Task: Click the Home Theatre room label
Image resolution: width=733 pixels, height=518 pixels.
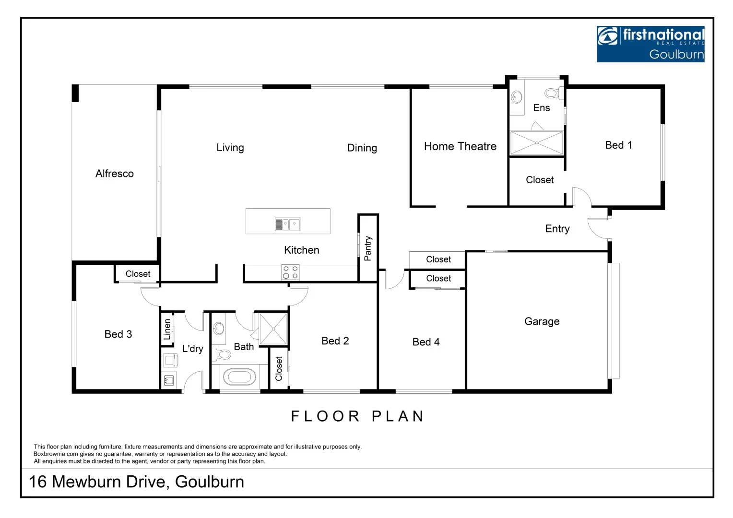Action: [x=460, y=146]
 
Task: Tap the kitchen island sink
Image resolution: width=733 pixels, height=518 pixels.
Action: [x=287, y=224]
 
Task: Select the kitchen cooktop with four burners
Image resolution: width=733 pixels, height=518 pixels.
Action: [x=290, y=272]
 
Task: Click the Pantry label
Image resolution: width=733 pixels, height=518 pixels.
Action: [x=368, y=248]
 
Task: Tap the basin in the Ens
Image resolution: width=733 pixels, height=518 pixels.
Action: [x=517, y=97]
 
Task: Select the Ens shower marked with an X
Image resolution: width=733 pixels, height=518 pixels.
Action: [x=536, y=143]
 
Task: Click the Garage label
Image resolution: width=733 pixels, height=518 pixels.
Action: [x=542, y=321]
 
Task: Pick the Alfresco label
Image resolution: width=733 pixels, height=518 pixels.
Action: [x=114, y=174]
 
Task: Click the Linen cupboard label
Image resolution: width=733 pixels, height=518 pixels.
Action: [x=167, y=329]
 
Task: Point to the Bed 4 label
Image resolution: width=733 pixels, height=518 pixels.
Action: [x=426, y=342]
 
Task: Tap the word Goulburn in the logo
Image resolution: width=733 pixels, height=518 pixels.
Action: [x=676, y=55]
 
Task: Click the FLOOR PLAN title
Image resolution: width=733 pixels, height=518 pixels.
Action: [x=357, y=416]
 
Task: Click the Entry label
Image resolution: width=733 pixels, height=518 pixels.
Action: [x=557, y=229]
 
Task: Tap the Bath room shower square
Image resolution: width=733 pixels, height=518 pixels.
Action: [x=273, y=329]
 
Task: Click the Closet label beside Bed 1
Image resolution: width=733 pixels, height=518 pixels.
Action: [x=540, y=180]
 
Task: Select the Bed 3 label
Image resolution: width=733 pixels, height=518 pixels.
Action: [x=118, y=334]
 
